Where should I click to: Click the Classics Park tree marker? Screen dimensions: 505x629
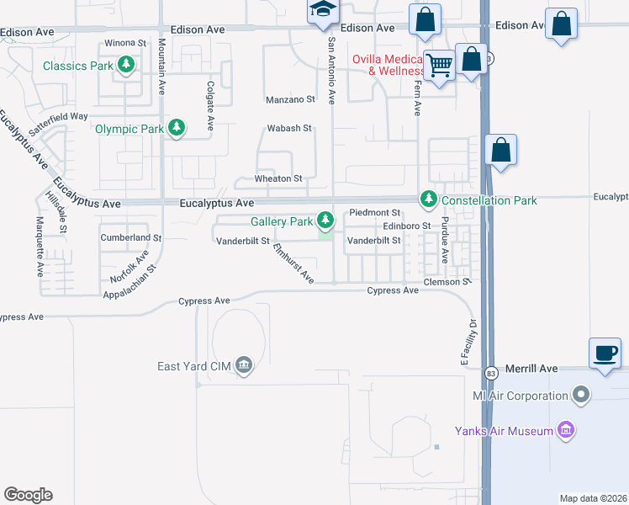[x=126, y=65]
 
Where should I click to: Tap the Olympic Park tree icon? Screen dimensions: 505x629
[x=177, y=129]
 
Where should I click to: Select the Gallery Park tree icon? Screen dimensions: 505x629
[x=325, y=221]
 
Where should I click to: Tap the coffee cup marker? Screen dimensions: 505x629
[x=605, y=353]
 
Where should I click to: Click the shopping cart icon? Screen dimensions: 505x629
[x=439, y=66]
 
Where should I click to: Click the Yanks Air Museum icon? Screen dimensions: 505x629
[x=566, y=432]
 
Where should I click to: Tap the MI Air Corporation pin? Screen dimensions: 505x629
[x=580, y=395]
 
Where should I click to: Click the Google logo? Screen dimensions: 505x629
[x=28, y=495]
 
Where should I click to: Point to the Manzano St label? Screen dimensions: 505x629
[x=290, y=99]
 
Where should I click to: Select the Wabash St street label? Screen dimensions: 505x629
[x=289, y=129]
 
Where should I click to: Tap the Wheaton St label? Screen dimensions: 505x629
[x=278, y=178]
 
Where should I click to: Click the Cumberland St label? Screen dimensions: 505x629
[x=130, y=238]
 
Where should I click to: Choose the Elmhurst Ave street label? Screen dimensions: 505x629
[x=293, y=264]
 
